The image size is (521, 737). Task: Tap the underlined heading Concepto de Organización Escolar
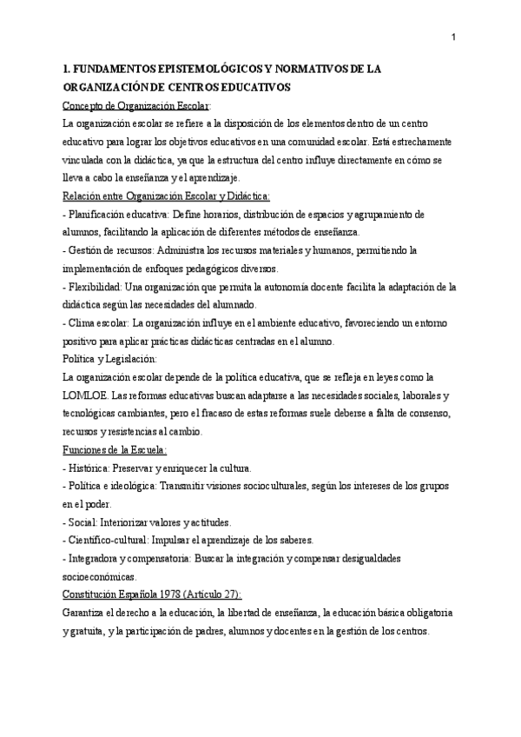[x=136, y=106]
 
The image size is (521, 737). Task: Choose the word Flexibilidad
[x=93, y=287]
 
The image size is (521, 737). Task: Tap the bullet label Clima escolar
[x=96, y=323]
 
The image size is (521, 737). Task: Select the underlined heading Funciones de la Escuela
[x=115, y=449]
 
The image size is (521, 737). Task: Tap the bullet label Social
[x=85, y=522]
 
